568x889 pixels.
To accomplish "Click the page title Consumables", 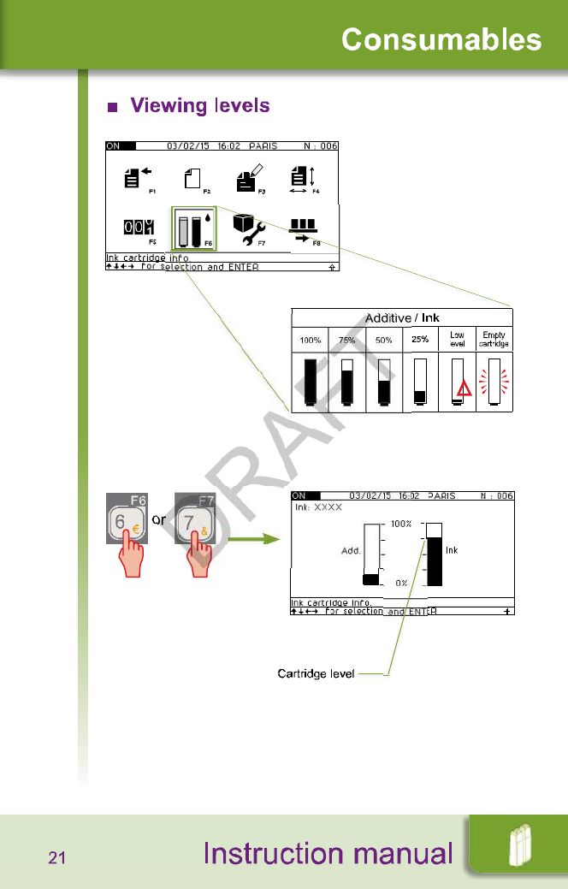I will point(441,39).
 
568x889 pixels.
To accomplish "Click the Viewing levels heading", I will point(199,106).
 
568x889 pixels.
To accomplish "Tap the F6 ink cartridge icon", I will point(194,228).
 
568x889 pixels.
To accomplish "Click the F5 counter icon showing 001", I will point(139,228).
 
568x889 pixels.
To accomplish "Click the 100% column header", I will point(310,341).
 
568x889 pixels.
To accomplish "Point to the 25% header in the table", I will point(420,340).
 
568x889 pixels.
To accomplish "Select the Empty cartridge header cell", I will point(494,340).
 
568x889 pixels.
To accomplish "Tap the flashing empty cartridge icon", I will point(494,382).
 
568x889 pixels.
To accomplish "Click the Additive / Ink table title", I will point(402,318).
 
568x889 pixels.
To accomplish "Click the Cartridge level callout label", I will point(316,674).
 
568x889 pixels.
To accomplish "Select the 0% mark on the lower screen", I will point(401,583).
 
